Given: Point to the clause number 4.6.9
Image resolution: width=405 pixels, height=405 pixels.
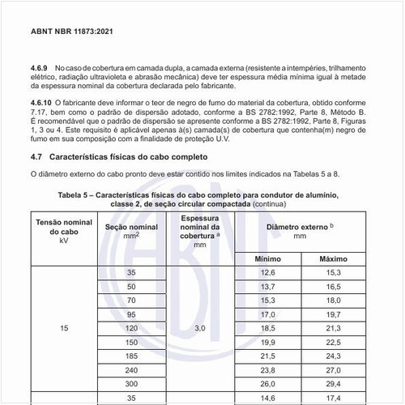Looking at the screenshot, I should pos(40,67).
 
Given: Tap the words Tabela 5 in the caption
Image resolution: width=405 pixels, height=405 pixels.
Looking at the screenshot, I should pos(78,195).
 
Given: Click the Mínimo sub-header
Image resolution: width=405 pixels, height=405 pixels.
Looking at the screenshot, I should pos(267,259).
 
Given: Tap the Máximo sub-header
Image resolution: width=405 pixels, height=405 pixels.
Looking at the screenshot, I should pos(334,259).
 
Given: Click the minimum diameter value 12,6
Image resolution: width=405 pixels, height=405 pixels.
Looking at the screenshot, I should pos(267,273).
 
